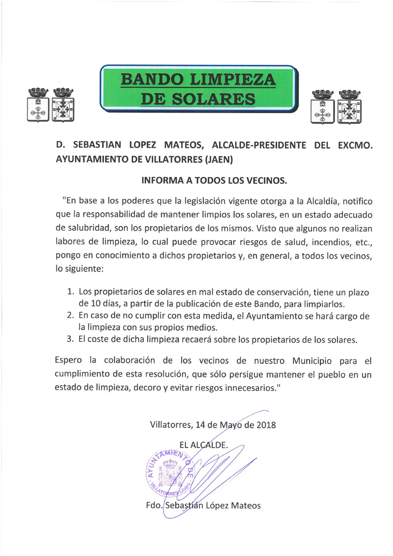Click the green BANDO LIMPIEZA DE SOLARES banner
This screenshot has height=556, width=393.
click(x=198, y=89)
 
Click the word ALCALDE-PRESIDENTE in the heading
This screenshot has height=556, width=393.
click(x=256, y=145)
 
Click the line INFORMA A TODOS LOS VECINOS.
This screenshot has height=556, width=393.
click(x=214, y=180)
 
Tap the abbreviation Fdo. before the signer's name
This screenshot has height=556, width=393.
click(x=155, y=505)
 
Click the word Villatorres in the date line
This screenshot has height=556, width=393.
click(x=170, y=425)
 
